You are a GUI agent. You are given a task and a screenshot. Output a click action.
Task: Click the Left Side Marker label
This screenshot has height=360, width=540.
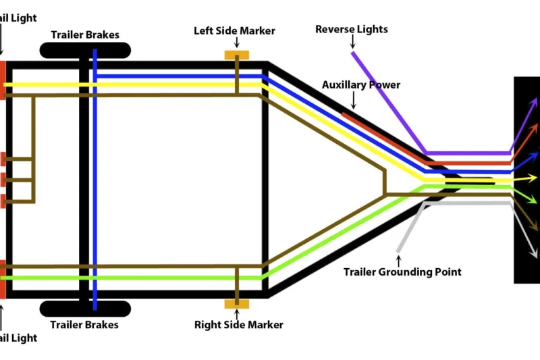(x=234, y=31)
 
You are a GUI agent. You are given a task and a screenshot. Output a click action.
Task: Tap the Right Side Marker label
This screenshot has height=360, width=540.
(x=238, y=325)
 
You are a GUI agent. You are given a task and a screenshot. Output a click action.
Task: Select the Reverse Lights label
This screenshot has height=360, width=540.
(x=352, y=30)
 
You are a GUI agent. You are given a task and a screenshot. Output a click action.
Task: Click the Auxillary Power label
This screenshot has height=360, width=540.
(x=360, y=85)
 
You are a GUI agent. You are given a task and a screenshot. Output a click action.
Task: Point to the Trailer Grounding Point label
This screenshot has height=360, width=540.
(x=402, y=272)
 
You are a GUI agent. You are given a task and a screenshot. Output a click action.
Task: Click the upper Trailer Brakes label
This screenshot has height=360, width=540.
(x=85, y=34)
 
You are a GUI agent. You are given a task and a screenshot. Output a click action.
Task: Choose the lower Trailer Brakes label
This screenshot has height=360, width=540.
(x=85, y=325)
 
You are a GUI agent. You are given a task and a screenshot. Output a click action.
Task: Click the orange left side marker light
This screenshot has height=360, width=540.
(x=236, y=55)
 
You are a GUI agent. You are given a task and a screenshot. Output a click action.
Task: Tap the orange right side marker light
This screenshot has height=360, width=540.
(x=236, y=304)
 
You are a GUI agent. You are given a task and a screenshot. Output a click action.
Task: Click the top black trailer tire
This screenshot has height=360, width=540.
(x=85, y=50)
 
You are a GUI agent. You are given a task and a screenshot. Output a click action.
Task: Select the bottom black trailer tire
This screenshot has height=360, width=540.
(x=85, y=309)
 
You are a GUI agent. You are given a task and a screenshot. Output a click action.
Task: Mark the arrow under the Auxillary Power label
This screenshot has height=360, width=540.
(x=352, y=101)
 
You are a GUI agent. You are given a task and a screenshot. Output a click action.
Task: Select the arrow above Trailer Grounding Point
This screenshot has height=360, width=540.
(x=398, y=259)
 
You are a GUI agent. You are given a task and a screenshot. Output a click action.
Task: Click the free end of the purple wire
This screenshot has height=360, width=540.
(x=352, y=53)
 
